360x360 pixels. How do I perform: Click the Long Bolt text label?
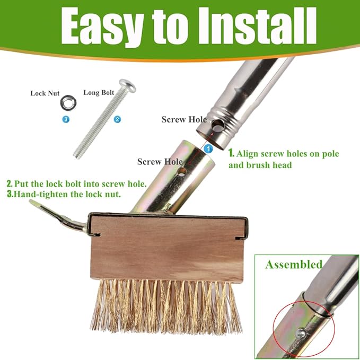(99, 92)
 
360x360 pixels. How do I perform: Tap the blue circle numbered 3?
(66, 120)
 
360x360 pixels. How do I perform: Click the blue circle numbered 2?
(118, 119)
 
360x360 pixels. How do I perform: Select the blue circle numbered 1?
(208, 149)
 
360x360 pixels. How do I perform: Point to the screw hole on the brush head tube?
(182, 172)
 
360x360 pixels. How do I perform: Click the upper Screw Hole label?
(184, 119)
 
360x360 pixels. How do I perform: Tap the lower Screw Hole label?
(160, 161)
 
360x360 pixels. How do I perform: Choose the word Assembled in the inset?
(294, 264)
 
